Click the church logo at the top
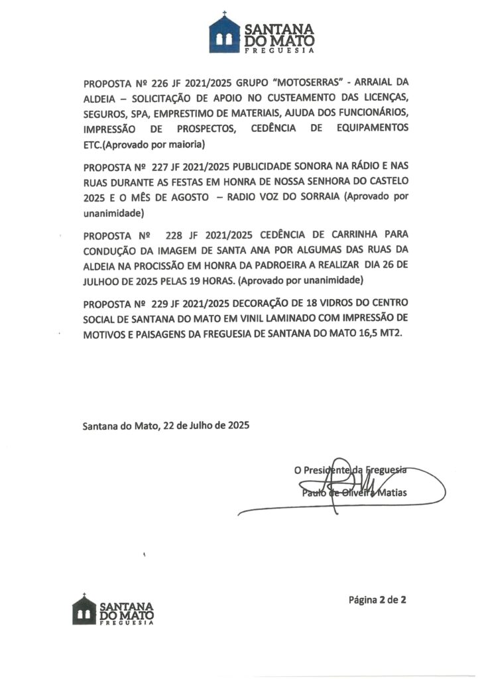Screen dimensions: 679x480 pyautogui.click(x=224, y=33)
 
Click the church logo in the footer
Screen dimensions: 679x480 pyautogui.click(x=85, y=609)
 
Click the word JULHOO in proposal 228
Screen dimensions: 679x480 pyautogui.click(x=102, y=280)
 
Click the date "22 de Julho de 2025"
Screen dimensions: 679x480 pyautogui.click(x=206, y=426)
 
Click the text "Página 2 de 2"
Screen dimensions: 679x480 pyautogui.click(x=377, y=601)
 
